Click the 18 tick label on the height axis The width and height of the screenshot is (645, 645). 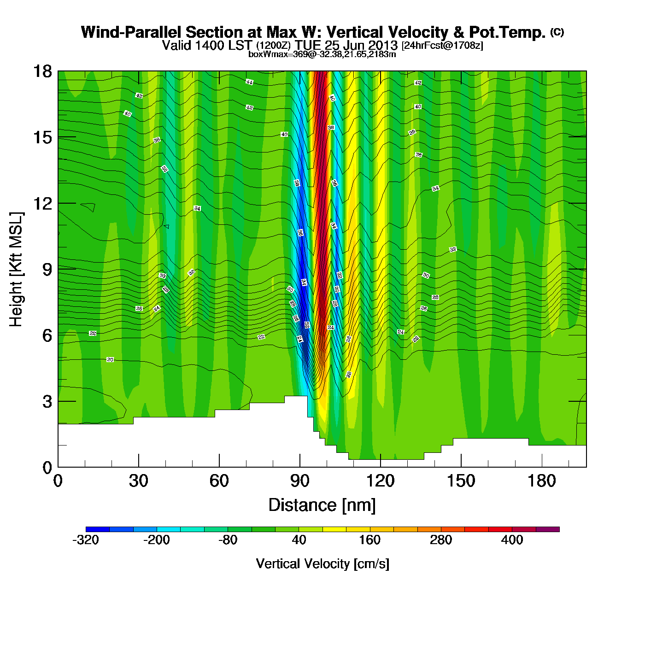[x=41, y=71]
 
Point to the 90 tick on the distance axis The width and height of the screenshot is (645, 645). [x=300, y=481]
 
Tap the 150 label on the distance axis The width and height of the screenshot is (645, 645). [x=461, y=481]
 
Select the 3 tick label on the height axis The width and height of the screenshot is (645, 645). [x=47, y=402]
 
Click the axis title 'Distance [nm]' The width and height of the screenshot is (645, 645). [x=322, y=505]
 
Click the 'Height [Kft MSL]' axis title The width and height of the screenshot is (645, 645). [x=17, y=270]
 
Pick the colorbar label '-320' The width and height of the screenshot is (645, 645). [x=86, y=540]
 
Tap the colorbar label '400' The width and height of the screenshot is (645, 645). [x=512, y=540]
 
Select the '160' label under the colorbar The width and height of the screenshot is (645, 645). [x=369, y=540]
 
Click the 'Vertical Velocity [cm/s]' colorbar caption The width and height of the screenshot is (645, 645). [x=322, y=563]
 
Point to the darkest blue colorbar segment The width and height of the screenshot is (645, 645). [x=98, y=529]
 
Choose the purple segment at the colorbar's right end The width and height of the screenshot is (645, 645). [x=547, y=529]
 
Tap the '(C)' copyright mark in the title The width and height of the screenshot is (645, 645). [x=557, y=32]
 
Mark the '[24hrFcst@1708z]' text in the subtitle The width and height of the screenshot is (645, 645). [x=442, y=46]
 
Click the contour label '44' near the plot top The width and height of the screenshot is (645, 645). [x=249, y=82]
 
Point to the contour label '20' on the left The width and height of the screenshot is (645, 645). [x=110, y=359]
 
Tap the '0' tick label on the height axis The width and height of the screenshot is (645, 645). [x=47, y=468]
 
